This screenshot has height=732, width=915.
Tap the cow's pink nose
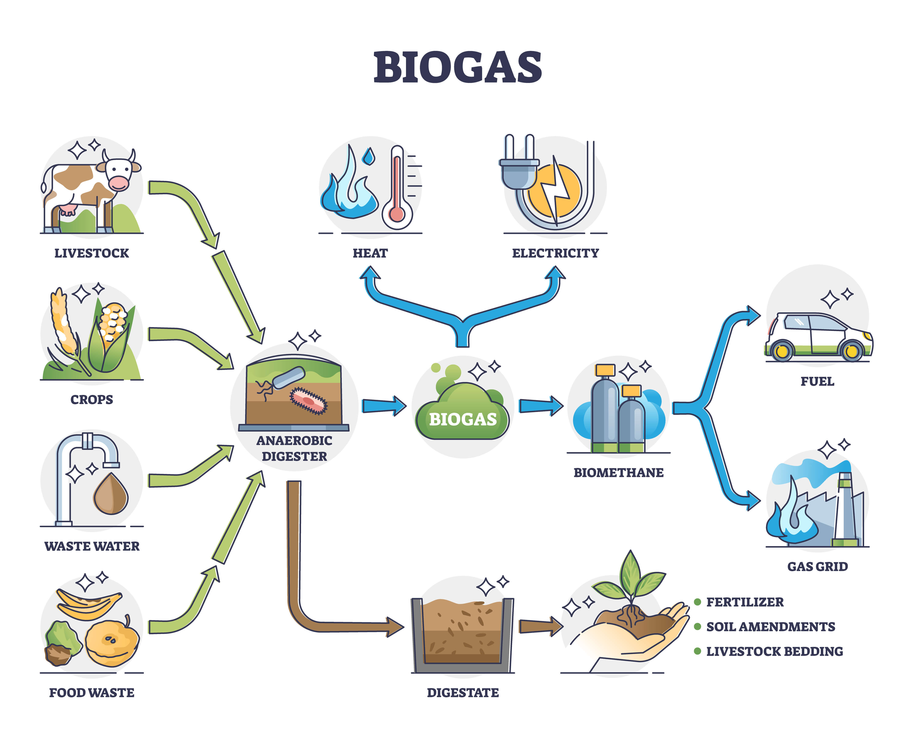pyautogui.click(x=118, y=183)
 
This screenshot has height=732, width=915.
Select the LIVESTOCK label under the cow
pyautogui.click(x=92, y=253)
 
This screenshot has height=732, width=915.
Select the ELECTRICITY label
pyautogui.click(x=555, y=253)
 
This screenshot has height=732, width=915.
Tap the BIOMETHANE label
pyautogui.click(x=618, y=473)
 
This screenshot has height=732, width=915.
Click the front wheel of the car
pyautogui.click(x=851, y=351)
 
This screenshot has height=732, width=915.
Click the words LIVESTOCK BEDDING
pyautogui.click(x=774, y=651)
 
